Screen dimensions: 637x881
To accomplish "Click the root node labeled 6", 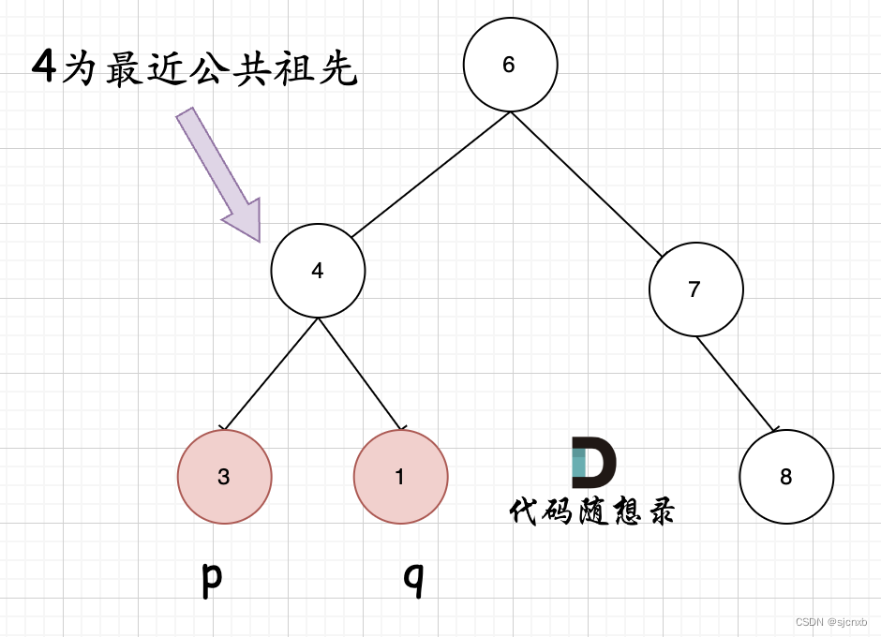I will [510, 65].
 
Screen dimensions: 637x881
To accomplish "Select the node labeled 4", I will [318, 271].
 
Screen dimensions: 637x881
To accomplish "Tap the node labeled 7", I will [695, 289].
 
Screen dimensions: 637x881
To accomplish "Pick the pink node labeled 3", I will [224, 477].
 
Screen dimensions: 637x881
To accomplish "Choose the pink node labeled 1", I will [400, 477].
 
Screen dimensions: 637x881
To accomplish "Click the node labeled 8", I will [785, 477].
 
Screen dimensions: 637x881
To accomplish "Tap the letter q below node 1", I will [413, 580].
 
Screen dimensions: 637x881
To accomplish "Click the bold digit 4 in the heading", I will [44, 68].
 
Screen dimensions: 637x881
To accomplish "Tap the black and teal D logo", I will [593, 462].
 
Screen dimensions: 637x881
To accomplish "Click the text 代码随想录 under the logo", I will [592, 511].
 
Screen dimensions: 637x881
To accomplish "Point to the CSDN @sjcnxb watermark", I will [831, 622].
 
